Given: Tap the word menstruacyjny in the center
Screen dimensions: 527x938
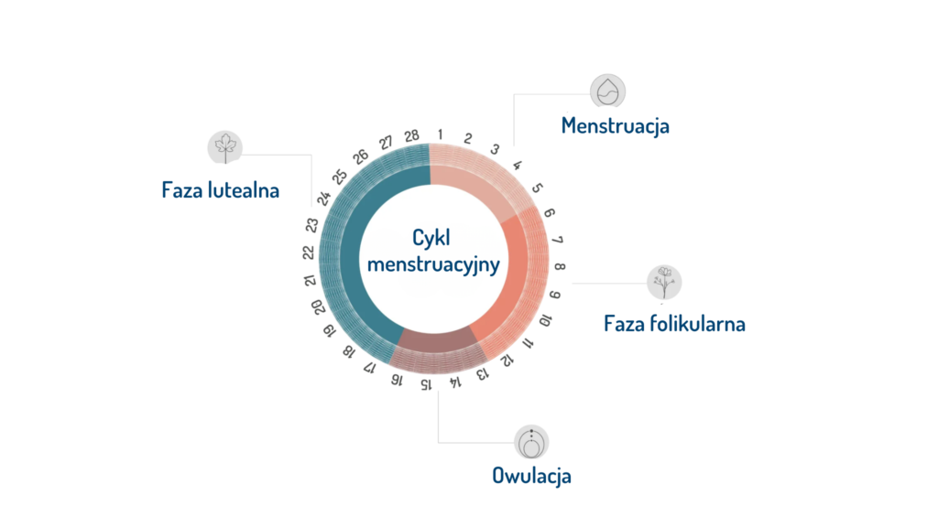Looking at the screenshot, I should click(x=432, y=264).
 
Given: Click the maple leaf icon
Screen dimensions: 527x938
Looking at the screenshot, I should click(x=224, y=146).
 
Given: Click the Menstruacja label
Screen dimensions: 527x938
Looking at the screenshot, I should click(x=616, y=124).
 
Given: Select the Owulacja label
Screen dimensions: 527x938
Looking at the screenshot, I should click(x=531, y=476).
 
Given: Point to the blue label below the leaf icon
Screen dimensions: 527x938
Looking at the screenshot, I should click(x=233, y=188).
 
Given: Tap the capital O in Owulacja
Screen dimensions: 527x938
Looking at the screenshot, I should click(x=499, y=476).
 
